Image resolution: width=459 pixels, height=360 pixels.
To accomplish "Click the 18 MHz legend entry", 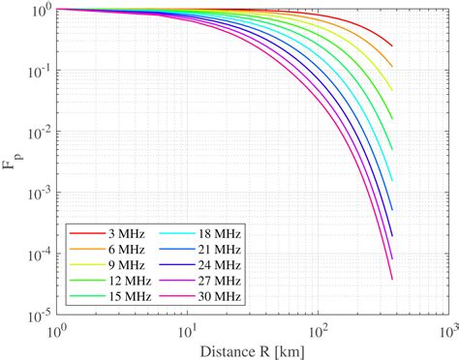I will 211,235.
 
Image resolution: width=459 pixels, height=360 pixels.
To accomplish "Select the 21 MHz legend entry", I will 211,251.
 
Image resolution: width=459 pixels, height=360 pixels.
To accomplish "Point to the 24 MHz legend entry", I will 211,266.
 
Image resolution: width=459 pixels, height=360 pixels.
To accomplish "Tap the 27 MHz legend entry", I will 211,282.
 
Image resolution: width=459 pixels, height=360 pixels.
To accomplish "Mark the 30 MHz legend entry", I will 211,297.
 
